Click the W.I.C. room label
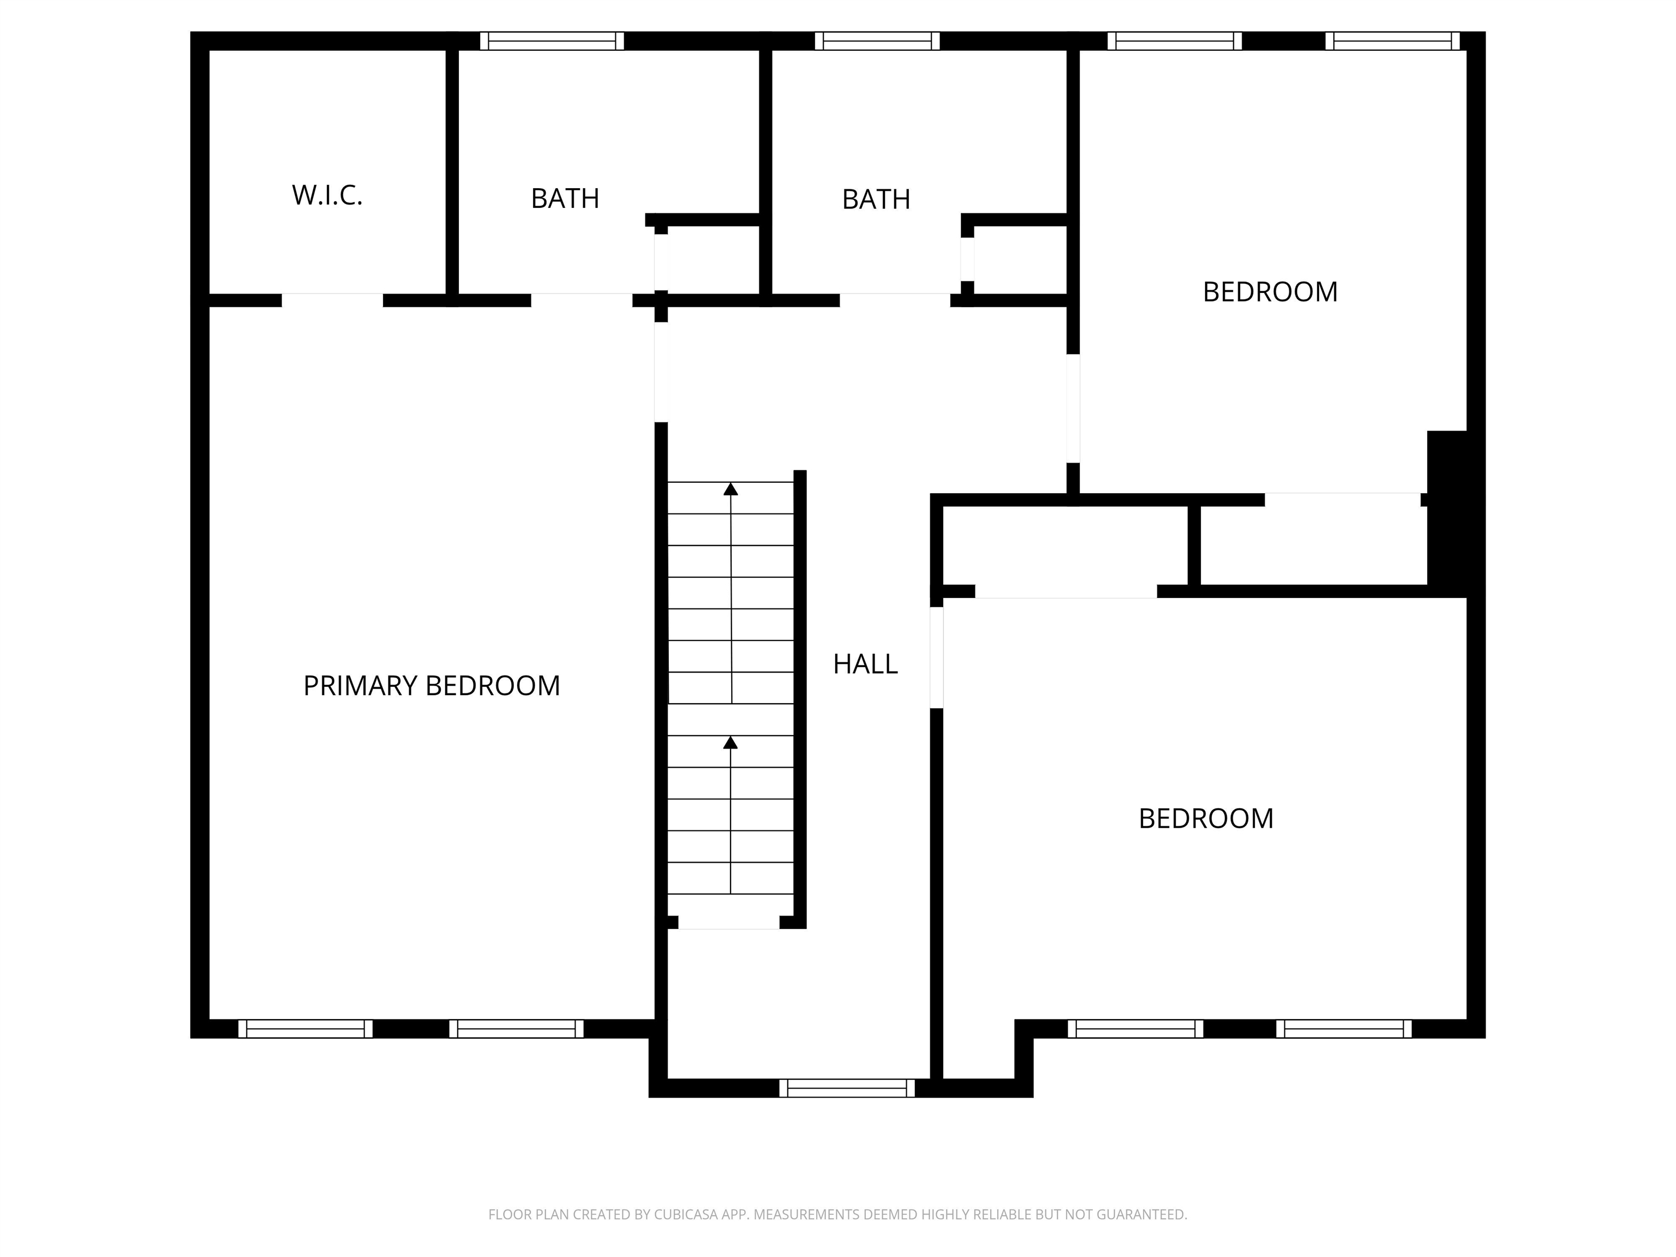(327, 195)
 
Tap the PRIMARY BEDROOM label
(431, 686)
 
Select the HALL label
(865, 665)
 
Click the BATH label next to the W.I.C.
(565, 199)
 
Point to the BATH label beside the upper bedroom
(876, 199)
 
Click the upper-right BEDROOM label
(1270, 292)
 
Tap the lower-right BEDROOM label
(1206, 819)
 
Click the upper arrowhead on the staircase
(731, 489)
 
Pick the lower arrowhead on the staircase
(731, 743)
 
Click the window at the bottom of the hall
(847, 1088)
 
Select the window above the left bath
(552, 41)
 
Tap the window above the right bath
(877, 41)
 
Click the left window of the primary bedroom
(306, 1029)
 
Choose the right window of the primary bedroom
(516, 1029)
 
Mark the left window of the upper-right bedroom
(1175, 41)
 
